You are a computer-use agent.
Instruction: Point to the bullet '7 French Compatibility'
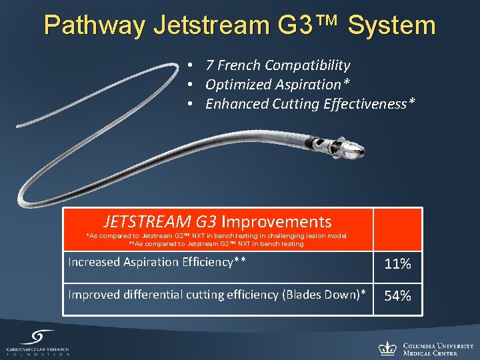pyautogui.click(x=277, y=65)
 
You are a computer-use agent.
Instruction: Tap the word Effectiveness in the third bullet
pyautogui.click(x=371, y=104)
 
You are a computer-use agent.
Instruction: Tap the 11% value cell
pyautogui.click(x=397, y=264)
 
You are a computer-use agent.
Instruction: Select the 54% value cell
pyautogui.click(x=397, y=296)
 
